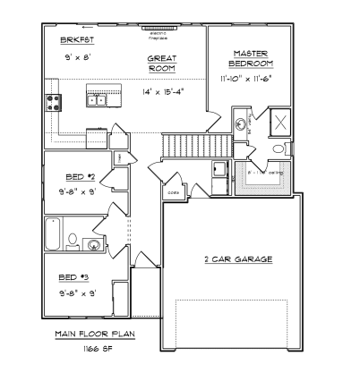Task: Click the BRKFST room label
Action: [x=73, y=41]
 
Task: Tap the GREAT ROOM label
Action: [x=162, y=62]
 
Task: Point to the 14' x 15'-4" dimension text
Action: [x=162, y=91]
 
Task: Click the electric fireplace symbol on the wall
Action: [x=158, y=29]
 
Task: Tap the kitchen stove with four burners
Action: [x=53, y=102]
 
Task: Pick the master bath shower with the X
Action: [x=279, y=123]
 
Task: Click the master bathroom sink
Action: [x=241, y=124]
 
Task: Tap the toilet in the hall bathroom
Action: [x=93, y=243]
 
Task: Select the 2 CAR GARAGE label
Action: [x=238, y=259]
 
